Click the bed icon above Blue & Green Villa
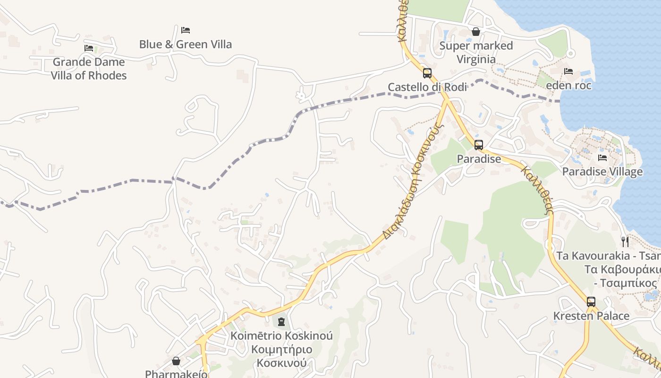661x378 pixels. pos(186,30)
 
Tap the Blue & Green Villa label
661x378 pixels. pos(186,44)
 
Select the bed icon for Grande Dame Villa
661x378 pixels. pos(89,48)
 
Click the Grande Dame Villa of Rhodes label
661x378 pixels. pos(89,69)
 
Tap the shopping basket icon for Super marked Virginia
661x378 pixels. pos(476,32)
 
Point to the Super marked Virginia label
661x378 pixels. pos(476,52)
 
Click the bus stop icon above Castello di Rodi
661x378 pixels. pos(427,73)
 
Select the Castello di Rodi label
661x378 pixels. pos(427,87)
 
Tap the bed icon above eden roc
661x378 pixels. pos(568,71)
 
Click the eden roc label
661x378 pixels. pos(568,86)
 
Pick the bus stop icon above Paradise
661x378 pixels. pos(479,145)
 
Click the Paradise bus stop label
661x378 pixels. pos(479,159)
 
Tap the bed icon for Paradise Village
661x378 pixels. pos(602,157)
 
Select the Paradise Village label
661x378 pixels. pos(602,172)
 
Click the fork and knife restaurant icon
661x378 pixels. pos(625,242)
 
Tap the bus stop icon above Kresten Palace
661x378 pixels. pos(591,302)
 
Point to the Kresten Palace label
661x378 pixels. pos(591,316)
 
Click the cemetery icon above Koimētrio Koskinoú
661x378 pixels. pos(281,322)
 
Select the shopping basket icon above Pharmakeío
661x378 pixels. pos(176,361)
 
